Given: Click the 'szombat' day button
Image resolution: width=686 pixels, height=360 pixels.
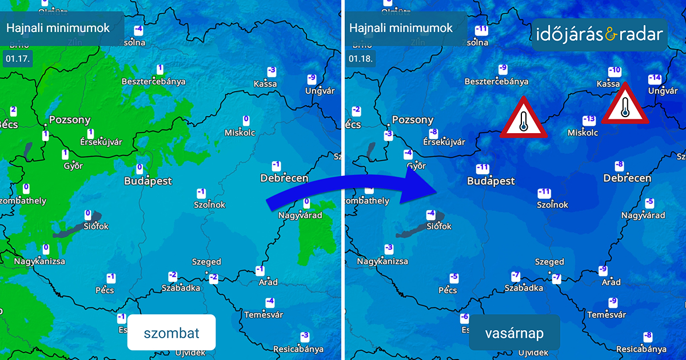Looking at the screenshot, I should click(171, 333).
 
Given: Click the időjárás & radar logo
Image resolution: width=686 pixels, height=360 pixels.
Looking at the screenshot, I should click(600, 35).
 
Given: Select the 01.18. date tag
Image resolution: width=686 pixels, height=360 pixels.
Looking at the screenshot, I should click(361, 58).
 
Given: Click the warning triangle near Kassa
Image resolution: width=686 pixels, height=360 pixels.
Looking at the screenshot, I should click(625, 105).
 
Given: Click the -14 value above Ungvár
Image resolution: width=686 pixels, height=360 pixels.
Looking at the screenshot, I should click(655, 79).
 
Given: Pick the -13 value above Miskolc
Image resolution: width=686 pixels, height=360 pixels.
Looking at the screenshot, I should click(589, 120).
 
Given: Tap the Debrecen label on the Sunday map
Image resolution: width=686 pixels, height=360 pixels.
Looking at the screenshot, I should click(627, 178).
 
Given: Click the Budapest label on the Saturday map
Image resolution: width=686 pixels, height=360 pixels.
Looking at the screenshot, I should click(148, 181).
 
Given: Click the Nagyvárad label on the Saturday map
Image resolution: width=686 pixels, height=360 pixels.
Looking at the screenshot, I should click(300, 215).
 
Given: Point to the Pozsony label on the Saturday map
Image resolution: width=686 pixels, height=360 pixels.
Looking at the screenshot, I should click(70, 120).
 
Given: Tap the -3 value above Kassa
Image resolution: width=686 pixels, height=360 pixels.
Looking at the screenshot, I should click(272, 71).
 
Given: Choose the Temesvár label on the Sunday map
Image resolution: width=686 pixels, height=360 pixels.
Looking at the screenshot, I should click(607, 315).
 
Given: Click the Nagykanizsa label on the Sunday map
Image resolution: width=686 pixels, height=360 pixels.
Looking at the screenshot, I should click(382, 262).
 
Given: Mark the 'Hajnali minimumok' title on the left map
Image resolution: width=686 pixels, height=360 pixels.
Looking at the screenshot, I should click(58, 28).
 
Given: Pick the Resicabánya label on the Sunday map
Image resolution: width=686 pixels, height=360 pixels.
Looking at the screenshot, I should click(641, 349).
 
